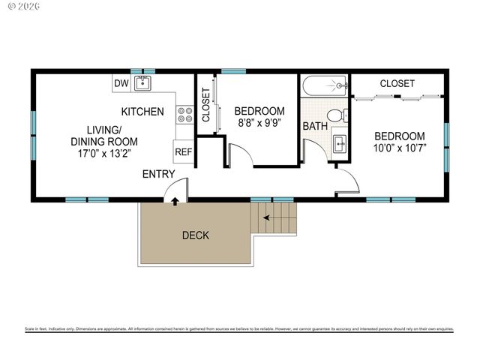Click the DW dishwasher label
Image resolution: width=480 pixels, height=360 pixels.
[x=121, y=83]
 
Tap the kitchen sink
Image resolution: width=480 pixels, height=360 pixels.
[x=143, y=83]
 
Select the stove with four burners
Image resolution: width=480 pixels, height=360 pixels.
[x=184, y=114]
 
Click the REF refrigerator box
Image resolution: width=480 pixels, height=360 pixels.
[x=183, y=151]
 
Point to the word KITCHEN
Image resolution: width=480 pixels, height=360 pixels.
[x=142, y=112]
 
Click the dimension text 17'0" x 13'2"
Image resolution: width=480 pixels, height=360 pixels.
[x=104, y=154]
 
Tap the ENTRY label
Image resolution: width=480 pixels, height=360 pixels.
[x=159, y=175]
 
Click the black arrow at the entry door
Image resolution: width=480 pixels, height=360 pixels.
[x=175, y=201]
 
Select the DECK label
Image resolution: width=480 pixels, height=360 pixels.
[x=196, y=235]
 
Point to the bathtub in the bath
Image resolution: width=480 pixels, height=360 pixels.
[x=325, y=86]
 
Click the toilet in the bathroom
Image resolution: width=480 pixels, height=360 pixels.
[x=340, y=115]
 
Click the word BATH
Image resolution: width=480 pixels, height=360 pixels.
[x=315, y=126]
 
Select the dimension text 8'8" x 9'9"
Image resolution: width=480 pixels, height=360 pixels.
[x=261, y=122]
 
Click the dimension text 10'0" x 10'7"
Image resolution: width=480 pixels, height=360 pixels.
[x=400, y=148]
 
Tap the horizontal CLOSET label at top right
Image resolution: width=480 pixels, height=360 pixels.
[x=397, y=83]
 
